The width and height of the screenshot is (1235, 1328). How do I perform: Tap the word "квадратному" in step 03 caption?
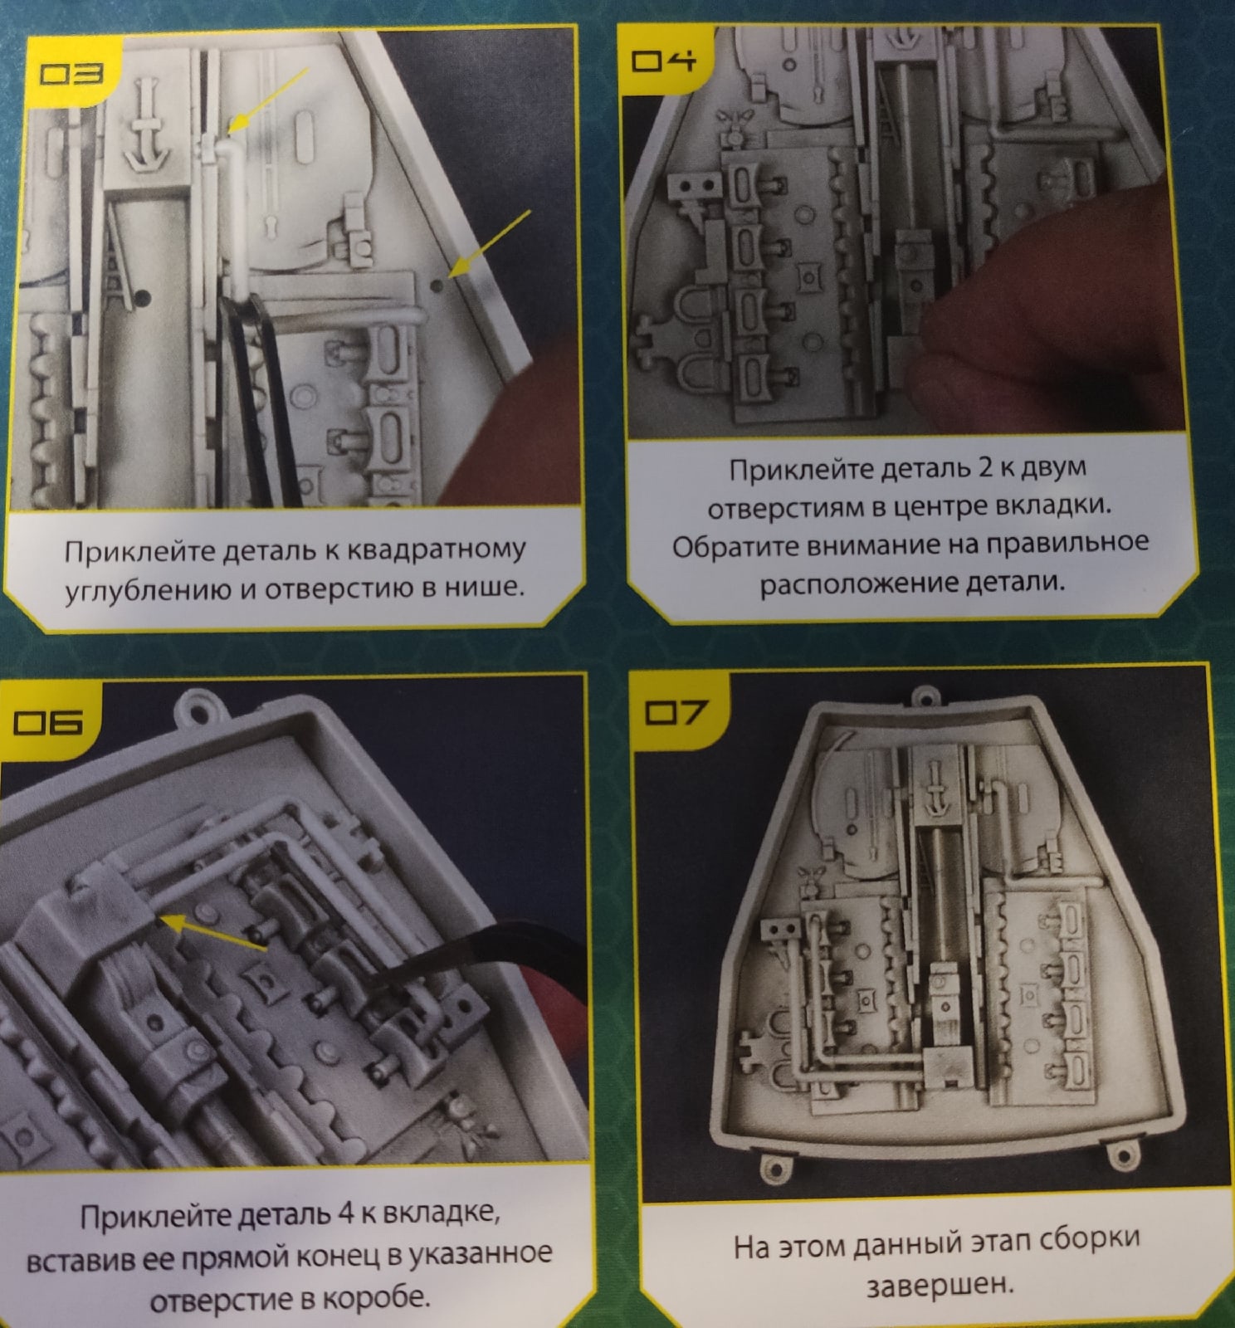click(x=435, y=549)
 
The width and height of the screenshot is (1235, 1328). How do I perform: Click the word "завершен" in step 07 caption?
click(x=941, y=1286)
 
